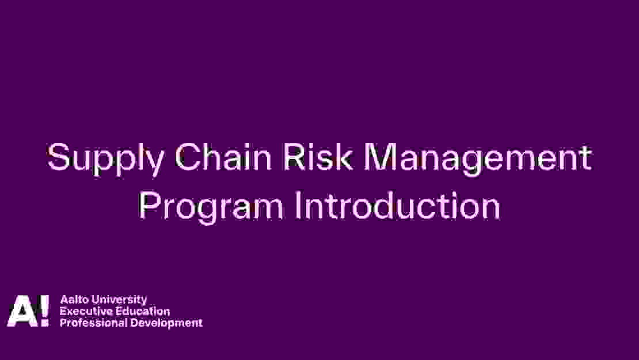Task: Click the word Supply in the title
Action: pos(106,159)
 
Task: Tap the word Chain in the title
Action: pos(223,157)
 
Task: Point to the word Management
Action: pos(478,159)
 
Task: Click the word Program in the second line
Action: pos(211,208)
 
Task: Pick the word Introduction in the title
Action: pos(397,206)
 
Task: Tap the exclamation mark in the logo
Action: pos(44,310)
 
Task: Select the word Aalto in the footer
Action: pos(75,300)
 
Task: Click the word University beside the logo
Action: pos(119,300)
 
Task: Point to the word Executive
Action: pos(86,312)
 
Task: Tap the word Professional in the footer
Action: pos(93,323)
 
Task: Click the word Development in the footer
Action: pos(166,324)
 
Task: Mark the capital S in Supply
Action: pos(59,157)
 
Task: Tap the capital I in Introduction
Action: pos(298,206)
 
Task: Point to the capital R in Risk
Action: pos(294,157)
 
